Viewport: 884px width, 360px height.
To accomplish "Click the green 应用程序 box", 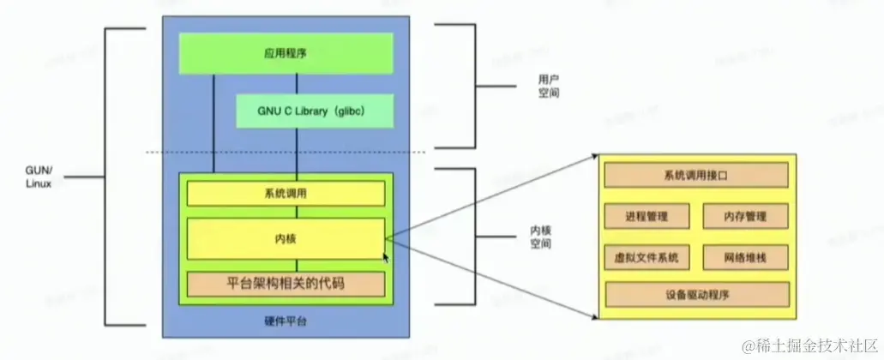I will (286, 53).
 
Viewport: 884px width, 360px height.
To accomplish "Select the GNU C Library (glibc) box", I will (314, 111).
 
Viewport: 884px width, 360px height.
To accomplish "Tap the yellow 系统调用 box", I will (286, 194).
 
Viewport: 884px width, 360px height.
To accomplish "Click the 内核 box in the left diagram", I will (286, 237).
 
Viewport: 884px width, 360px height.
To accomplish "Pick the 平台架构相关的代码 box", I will (286, 282).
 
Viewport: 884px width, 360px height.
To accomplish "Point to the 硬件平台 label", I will (286, 321).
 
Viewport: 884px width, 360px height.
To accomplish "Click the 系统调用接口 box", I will (696, 176).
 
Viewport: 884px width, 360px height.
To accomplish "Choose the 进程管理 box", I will (646, 216).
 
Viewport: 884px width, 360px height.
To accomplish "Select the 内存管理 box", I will (745, 216).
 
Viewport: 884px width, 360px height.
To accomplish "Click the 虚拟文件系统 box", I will (646, 256).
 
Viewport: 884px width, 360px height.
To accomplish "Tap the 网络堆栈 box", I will (745, 256).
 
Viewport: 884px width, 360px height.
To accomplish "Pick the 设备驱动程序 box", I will (696, 295).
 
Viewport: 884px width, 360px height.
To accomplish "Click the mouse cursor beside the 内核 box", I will (386, 256).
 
